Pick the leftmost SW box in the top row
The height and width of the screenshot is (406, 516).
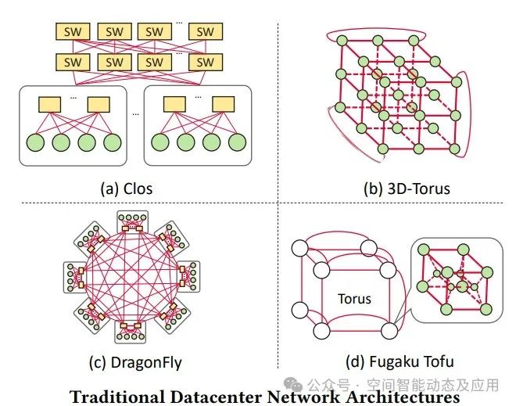point(71,32)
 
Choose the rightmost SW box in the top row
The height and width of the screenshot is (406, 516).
point(205,32)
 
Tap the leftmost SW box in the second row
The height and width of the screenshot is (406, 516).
point(71,61)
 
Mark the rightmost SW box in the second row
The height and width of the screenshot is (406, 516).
point(205,61)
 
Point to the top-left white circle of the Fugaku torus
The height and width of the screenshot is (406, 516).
point(299,249)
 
